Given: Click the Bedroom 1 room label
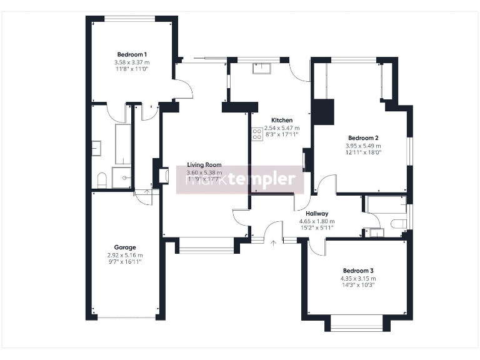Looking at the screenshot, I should point(132,54).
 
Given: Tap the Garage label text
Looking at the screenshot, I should point(125,247).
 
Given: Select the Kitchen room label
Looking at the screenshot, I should point(282,120).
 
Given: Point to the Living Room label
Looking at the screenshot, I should point(204,165).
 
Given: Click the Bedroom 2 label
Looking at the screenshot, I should point(363,137).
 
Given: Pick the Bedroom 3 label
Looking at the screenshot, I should point(358,271).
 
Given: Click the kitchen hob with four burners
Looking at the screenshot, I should point(257,134).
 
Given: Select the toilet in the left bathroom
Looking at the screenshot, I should point(102,181).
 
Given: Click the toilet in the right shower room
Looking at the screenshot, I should point(397,224).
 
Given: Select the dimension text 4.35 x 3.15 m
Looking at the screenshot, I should point(358,278).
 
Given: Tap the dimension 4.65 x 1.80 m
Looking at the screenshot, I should point(317,221).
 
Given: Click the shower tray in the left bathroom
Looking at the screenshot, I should point(122,177).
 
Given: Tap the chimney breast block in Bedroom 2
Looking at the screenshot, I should point(324,112).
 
